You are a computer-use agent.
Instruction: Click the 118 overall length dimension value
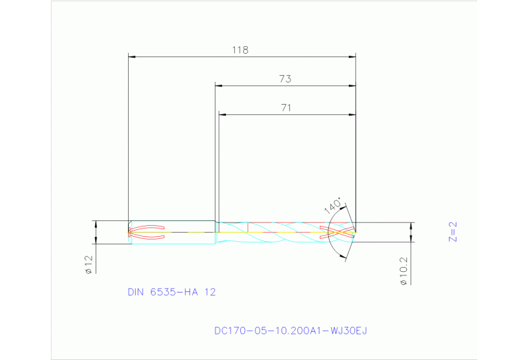pos(240,50)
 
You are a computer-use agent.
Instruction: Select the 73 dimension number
pos(285,79)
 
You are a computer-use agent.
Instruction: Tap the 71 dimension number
pos(286,107)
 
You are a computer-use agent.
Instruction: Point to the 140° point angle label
pos(332,206)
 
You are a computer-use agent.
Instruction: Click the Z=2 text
pos(452,232)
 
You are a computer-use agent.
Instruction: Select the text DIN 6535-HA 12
pos(171,292)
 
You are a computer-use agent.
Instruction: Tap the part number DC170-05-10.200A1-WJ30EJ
pos(291,330)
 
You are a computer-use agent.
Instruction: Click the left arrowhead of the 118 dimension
pos(132,56)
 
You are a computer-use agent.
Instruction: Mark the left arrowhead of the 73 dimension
pos(218,85)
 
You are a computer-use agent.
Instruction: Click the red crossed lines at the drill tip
pos(338,232)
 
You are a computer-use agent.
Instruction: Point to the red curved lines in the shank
pos(149,232)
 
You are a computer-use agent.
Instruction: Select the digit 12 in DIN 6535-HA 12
pos(209,292)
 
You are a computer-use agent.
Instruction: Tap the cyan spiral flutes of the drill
pos(282,232)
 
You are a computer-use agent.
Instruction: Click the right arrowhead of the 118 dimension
pos(352,56)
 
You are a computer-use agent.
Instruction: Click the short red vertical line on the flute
pos(247,226)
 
